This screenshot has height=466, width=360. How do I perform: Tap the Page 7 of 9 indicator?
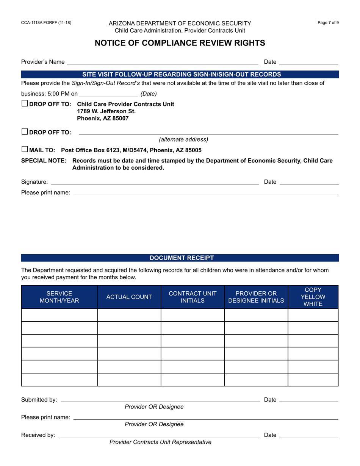(x=328, y=23)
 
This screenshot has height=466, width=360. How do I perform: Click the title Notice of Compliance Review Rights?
(x=180, y=43)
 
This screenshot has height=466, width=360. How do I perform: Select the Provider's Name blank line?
(x=162, y=62)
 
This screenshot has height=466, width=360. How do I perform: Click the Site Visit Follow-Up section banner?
(x=180, y=74)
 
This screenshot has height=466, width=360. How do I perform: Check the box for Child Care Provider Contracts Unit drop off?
(x=25, y=103)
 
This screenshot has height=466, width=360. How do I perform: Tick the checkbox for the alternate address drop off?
(x=25, y=132)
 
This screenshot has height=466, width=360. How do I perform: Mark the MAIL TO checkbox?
(x=25, y=150)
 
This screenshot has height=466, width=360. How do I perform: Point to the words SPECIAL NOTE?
(x=44, y=161)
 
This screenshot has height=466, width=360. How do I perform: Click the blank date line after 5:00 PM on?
(x=109, y=94)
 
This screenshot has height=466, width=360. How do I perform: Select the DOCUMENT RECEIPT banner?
(x=180, y=258)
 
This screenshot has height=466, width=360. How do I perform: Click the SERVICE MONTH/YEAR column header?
(x=59, y=297)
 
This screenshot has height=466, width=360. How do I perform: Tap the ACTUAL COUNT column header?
(x=129, y=297)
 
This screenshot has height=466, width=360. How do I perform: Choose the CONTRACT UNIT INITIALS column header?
(x=193, y=297)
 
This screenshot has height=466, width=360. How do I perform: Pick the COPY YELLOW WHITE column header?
(x=313, y=297)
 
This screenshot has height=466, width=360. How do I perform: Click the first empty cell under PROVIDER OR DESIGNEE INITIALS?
(x=256, y=315)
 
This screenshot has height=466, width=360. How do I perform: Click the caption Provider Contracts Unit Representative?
(x=160, y=442)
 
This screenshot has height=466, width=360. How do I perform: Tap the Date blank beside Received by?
(x=308, y=435)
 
